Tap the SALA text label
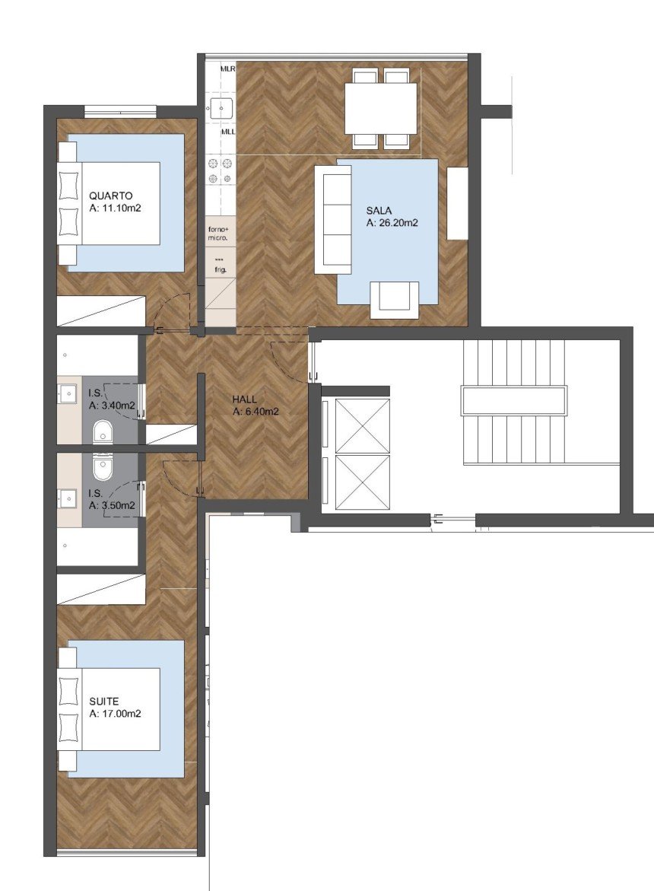point(378,210)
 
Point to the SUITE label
point(103,701)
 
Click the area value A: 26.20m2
point(393,223)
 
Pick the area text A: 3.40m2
point(113,406)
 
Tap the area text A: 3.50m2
point(113,504)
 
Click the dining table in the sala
point(380,108)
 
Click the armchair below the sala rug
point(394,300)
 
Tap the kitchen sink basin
point(221,107)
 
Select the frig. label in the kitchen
point(221,268)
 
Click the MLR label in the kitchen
point(227,68)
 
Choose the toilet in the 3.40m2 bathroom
point(102,433)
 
